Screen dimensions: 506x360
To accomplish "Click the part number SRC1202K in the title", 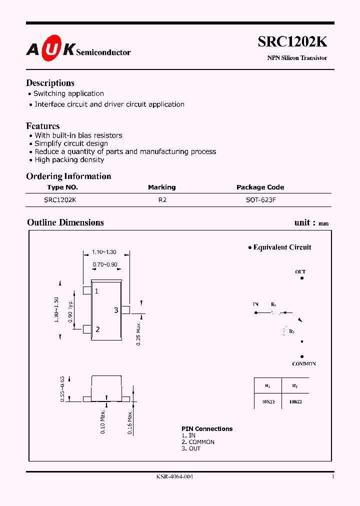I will pyautogui.click(x=292, y=42).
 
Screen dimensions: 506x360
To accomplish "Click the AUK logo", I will pyautogui.click(x=50, y=48).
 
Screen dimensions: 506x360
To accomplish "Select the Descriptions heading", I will pyautogui.click(x=50, y=83).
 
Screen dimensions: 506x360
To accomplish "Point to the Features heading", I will pyautogui.click(x=43, y=126).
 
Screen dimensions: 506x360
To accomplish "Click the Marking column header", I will pyautogui.click(x=161, y=187).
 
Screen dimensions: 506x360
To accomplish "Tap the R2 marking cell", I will pyautogui.click(x=162, y=199).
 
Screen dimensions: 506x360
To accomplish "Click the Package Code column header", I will pyautogui.click(x=260, y=187).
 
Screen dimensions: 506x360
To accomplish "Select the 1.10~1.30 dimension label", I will pyautogui.click(x=104, y=252).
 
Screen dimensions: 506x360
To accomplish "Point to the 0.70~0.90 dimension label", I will pyautogui.click(x=105, y=264).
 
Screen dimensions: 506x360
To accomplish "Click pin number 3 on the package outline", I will pyautogui.click(x=116, y=310).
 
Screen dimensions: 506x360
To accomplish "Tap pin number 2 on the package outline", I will pyautogui.click(x=97, y=329).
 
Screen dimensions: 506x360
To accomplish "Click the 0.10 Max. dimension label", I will pyautogui.click(x=103, y=421).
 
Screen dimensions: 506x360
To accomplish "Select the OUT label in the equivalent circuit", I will pyautogui.click(x=300, y=272).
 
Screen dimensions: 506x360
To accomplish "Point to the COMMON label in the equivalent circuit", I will pyautogui.click(x=304, y=364).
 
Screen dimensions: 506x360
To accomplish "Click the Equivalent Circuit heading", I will pyautogui.click(x=282, y=247).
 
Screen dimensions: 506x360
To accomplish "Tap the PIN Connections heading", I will pyautogui.click(x=207, y=429).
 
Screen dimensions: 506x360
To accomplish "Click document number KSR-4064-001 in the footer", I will pyautogui.click(x=174, y=476).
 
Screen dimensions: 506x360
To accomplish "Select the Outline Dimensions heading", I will pyautogui.click(x=65, y=222).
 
